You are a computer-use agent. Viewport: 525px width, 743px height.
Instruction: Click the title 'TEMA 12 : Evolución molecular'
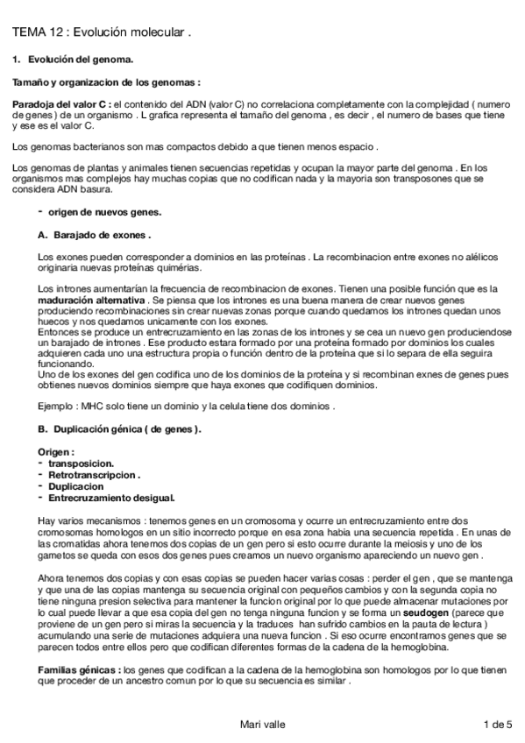point(101,32)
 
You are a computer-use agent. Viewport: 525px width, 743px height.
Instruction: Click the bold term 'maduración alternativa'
point(92,298)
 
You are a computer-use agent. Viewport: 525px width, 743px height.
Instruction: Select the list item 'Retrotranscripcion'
point(94,474)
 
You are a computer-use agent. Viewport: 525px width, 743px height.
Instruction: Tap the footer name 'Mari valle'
point(262,724)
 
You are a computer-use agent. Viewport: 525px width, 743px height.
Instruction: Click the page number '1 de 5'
point(497,724)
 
